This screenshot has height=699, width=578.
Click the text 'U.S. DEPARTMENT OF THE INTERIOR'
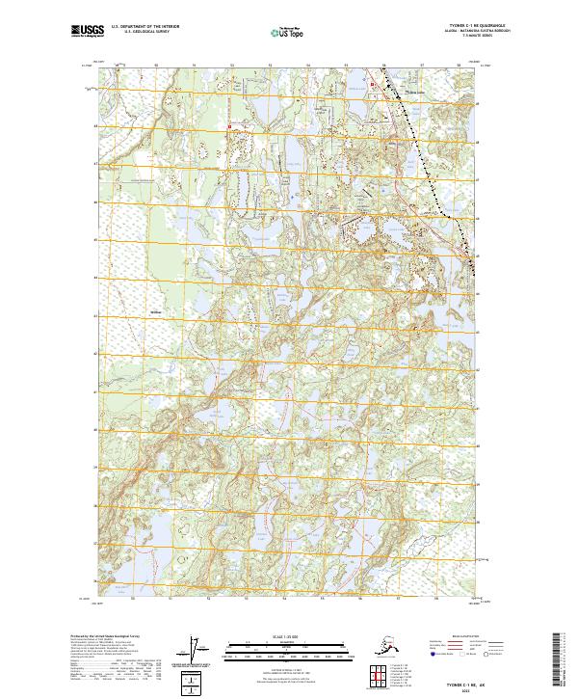click(x=142, y=28)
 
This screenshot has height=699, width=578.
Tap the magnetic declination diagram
click(x=197, y=653)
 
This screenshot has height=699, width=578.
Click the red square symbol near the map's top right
click(x=374, y=86)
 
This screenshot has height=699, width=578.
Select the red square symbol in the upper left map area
click(x=229, y=126)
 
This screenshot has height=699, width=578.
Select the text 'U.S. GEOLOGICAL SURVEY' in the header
click(x=142, y=34)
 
